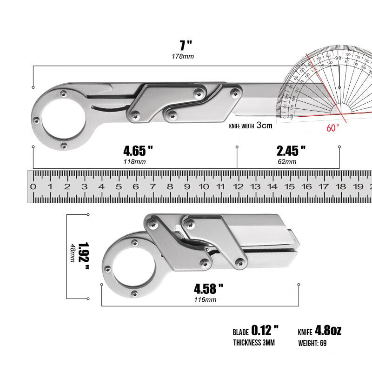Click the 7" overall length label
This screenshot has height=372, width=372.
(x=186, y=46)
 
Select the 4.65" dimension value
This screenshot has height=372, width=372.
(x=138, y=151)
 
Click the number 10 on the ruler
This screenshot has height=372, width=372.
(x=203, y=187)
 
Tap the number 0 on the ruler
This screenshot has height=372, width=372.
(x=33, y=187)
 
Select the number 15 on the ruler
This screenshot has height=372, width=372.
(x=289, y=187)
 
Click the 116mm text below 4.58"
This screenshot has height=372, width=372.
(x=205, y=299)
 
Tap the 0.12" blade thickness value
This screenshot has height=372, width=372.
(x=265, y=331)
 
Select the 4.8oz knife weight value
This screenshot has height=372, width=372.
(x=328, y=331)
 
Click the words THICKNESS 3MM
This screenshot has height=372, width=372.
(x=254, y=343)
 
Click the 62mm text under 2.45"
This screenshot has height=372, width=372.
(x=287, y=161)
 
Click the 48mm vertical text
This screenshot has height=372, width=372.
(x=72, y=253)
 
